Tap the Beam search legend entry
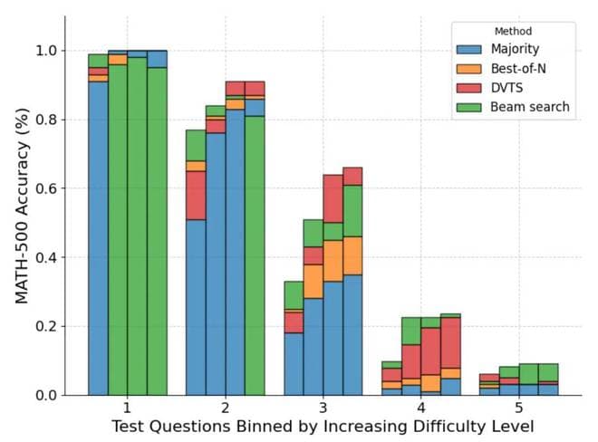point(530,107)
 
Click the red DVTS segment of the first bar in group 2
point(196,195)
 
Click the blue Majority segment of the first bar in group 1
point(98,238)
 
